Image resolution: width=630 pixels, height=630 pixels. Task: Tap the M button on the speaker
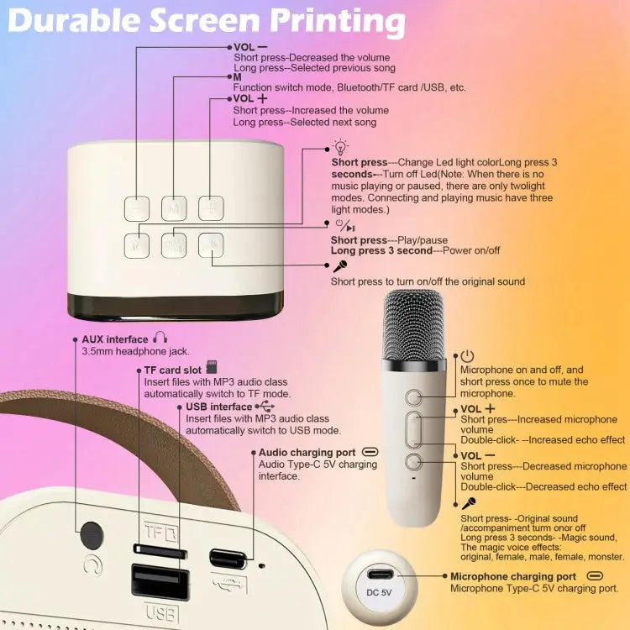tap(174, 207)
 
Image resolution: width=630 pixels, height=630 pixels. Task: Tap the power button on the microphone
tap(414, 396)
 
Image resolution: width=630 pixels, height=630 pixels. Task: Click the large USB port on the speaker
tap(160, 581)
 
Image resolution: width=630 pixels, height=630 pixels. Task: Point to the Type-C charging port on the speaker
tap(228, 558)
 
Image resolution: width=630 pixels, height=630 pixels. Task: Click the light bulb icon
tap(340, 147)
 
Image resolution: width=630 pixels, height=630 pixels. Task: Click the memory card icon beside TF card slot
tap(212, 369)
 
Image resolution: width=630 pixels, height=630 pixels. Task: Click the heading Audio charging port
tap(307, 452)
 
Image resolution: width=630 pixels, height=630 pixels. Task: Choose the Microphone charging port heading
tap(513, 576)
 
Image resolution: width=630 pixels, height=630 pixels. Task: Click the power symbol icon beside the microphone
tap(468, 357)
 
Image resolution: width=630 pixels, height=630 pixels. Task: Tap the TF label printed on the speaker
tap(155, 531)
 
